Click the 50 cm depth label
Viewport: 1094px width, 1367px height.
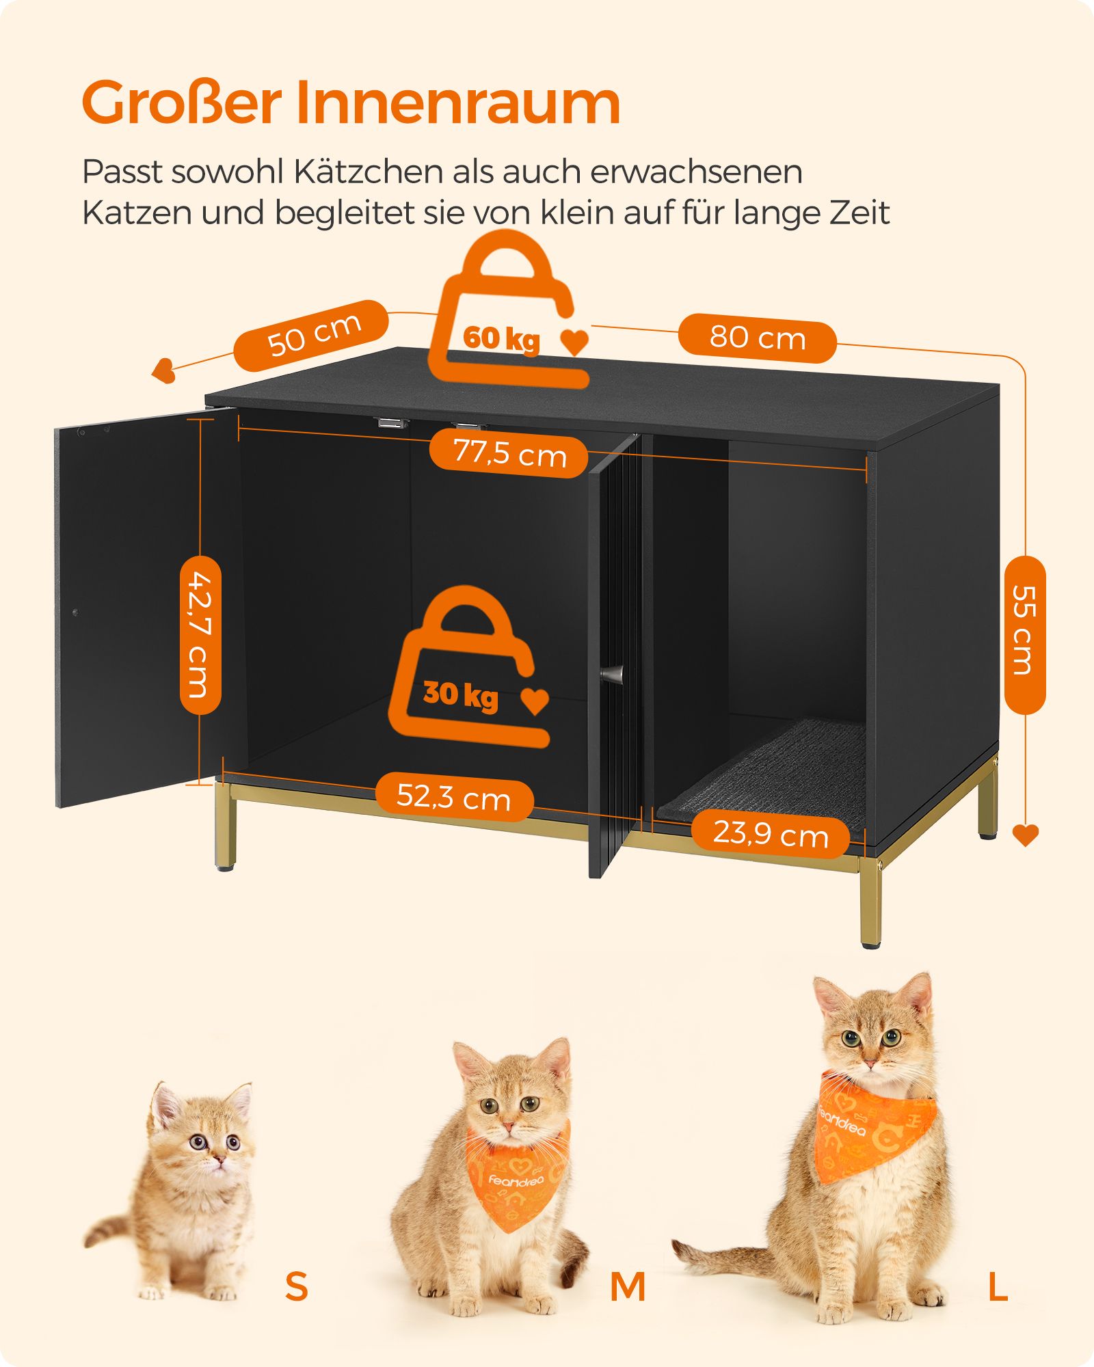[314, 335]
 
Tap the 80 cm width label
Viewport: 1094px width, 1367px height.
[758, 338]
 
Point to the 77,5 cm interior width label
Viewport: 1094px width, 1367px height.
[510, 453]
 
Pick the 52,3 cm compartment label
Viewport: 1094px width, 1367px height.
[454, 797]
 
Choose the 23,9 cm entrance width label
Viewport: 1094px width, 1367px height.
[771, 833]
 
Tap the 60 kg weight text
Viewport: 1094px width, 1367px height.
[501, 338]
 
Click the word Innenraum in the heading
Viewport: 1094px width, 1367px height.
[458, 103]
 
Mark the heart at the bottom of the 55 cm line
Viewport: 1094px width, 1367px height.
[1025, 835]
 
